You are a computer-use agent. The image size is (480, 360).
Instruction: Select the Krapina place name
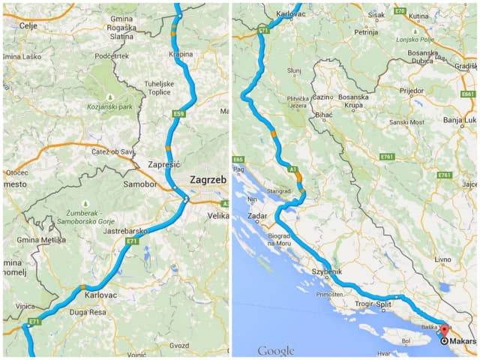(x=181, y=54)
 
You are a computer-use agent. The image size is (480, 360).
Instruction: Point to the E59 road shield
(x=178, y=114)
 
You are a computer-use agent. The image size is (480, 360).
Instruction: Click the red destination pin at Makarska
(x=442, y=330)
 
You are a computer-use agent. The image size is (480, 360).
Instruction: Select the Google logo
(x=275, y=350)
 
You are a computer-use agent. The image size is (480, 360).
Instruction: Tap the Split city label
(x=384, y=305)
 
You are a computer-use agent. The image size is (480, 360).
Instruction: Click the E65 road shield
(x=238, y=159)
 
